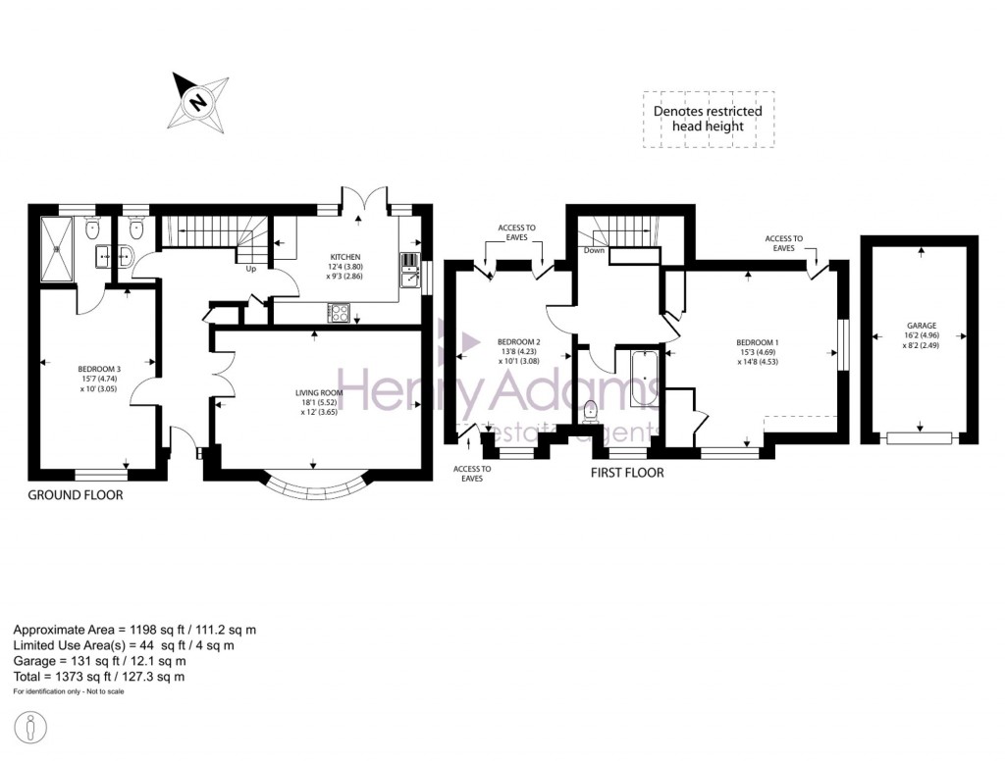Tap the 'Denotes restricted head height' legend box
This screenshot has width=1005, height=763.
pos(708,119)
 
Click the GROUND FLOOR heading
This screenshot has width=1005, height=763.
pos(76,495)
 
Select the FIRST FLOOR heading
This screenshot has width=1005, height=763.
pos(626,473)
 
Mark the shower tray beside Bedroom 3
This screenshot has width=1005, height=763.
pos(61,249)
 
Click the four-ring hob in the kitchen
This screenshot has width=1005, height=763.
pos(339,313)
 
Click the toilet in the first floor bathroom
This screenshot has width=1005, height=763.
pos(590,412)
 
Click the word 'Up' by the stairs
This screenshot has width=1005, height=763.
pos(250,269)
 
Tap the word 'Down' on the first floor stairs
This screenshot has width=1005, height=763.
pos(593,250)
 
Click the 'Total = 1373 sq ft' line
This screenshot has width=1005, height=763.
pos(99,677)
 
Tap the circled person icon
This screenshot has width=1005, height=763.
pos(32,728)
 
